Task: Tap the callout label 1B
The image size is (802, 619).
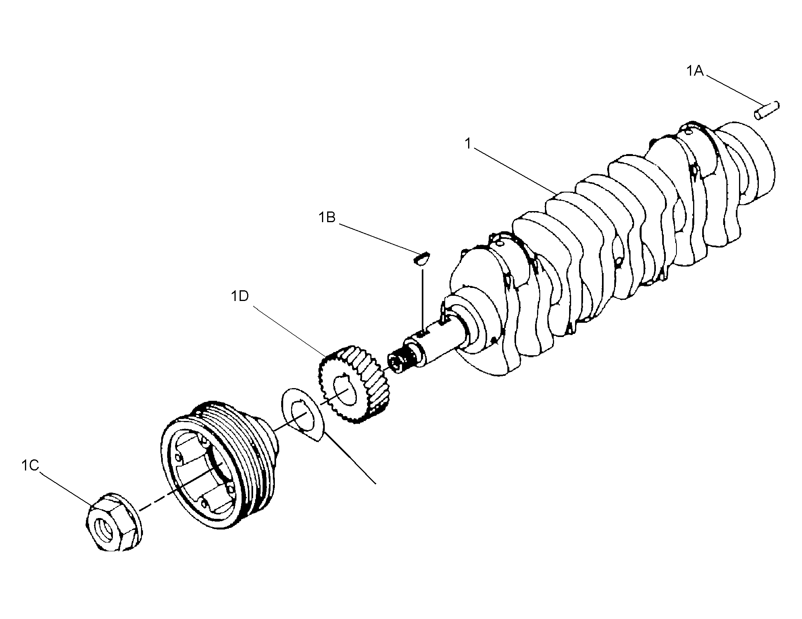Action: coord(327,217)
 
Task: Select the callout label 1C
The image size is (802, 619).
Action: coord(30,466)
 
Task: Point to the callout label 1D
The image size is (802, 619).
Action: coord(240,296)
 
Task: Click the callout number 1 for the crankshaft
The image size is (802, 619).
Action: coord(468,144)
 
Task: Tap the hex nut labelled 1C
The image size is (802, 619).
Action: coord(114,522)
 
